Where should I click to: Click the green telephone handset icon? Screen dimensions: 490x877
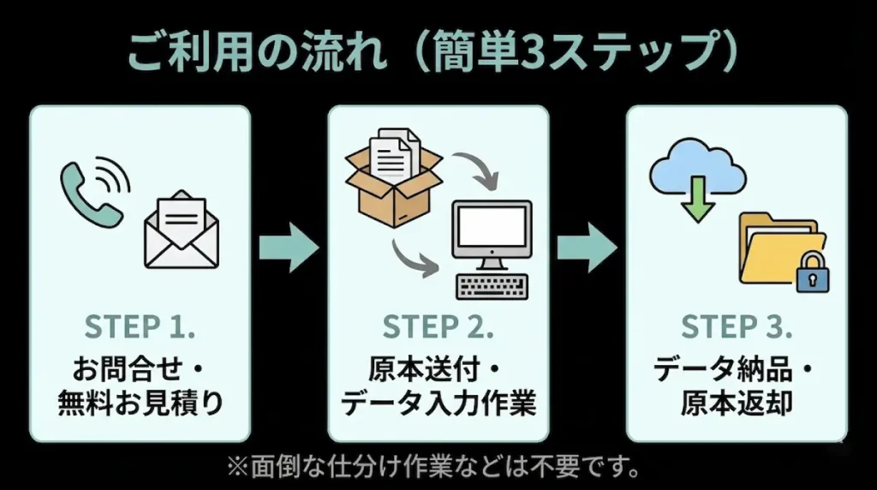pyautogui.click(x=88, y=194)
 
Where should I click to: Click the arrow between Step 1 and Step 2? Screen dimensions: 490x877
pyautogui.click(x=289, y=248)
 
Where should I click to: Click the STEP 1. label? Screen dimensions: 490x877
pyautogui.click(x=140, y=327)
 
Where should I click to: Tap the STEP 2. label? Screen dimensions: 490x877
pyautogui.click(x=438, y=327)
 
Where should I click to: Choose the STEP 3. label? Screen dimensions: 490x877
pyautogui.click(x=737, y=327)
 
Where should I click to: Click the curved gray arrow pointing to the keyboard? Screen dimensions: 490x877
pyautogui.click(x=413, y=257)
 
